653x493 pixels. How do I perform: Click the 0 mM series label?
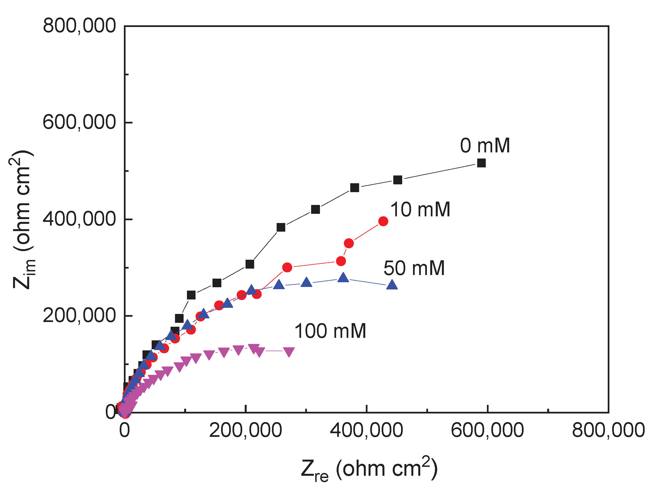[x=485, y=146]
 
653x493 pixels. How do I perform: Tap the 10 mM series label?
[x=420, y=210]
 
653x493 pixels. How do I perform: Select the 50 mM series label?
[x=414, y=268]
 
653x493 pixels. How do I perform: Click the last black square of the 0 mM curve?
[x=481, y=163]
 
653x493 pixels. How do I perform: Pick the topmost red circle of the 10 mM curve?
[x=383, y=221]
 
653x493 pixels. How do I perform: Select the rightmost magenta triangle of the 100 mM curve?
[x=289, y=351]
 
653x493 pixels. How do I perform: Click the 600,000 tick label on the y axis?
[x=79, y=122]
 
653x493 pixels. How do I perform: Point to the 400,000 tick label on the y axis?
[x=79, y=219]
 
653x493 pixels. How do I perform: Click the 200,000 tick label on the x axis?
[x=245, y=430]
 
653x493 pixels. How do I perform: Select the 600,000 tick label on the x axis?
[x=487, y=430]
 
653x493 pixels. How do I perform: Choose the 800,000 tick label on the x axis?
[x=608, y=430]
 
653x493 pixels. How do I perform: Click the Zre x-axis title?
[x=369, y=469]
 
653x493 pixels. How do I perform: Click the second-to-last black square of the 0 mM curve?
[x=398, y=180]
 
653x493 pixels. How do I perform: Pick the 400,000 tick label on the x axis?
[x=366, y=430]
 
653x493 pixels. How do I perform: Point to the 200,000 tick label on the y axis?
[x=79, y=315]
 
